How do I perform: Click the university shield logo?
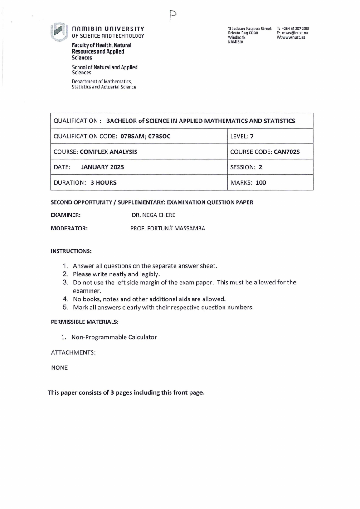[58, 32]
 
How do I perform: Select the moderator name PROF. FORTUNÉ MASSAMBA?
[168, 228]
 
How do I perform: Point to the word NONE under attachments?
[59, 367]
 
